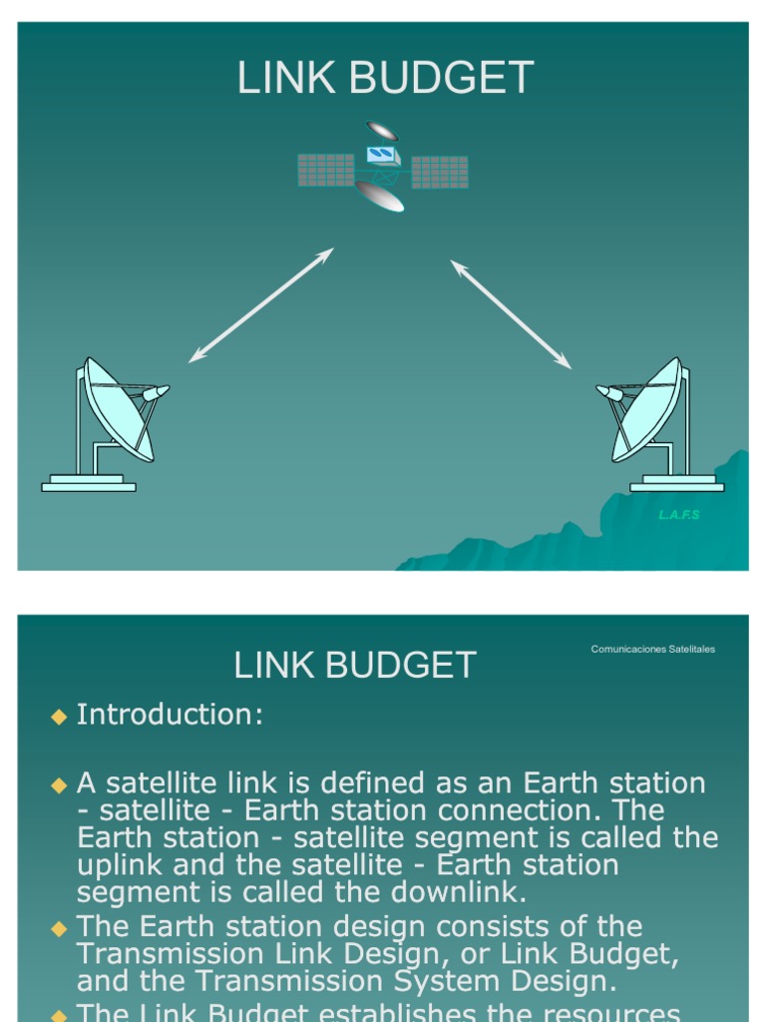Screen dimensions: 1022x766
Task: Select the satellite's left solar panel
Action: (326, 170)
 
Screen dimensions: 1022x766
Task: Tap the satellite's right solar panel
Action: (440, 172)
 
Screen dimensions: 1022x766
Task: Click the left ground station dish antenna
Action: (118, 408)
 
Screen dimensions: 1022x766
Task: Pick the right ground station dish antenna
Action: (649, 408)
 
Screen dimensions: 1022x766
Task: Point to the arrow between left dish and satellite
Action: (260, 304)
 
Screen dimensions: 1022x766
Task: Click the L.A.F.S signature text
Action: (679, 515)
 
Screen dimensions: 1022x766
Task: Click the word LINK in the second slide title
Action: (270, 665)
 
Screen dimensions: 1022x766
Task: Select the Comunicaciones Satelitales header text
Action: (652, 649)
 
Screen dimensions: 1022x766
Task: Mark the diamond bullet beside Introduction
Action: (58, 716)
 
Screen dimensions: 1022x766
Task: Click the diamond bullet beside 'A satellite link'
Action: (58, 784)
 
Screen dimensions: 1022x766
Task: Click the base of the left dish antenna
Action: (89, 484)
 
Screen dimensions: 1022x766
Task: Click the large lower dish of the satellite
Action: (379, 196)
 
